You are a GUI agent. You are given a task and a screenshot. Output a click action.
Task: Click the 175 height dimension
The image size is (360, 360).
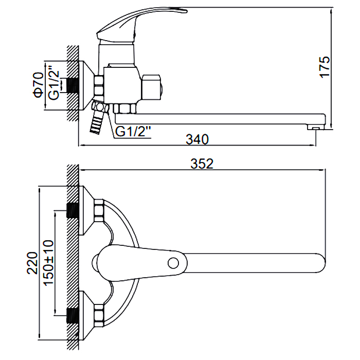[324, 66]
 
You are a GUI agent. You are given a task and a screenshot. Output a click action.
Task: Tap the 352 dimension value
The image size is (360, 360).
[202, 164]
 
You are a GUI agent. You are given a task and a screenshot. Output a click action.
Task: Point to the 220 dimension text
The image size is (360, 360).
[32, 263]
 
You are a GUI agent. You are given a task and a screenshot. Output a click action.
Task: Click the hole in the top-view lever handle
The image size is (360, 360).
[174, 263]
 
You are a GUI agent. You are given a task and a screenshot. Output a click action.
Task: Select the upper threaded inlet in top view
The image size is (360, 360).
[74, 210]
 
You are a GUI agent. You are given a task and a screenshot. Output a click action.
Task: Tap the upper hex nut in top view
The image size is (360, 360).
[99, 210]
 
